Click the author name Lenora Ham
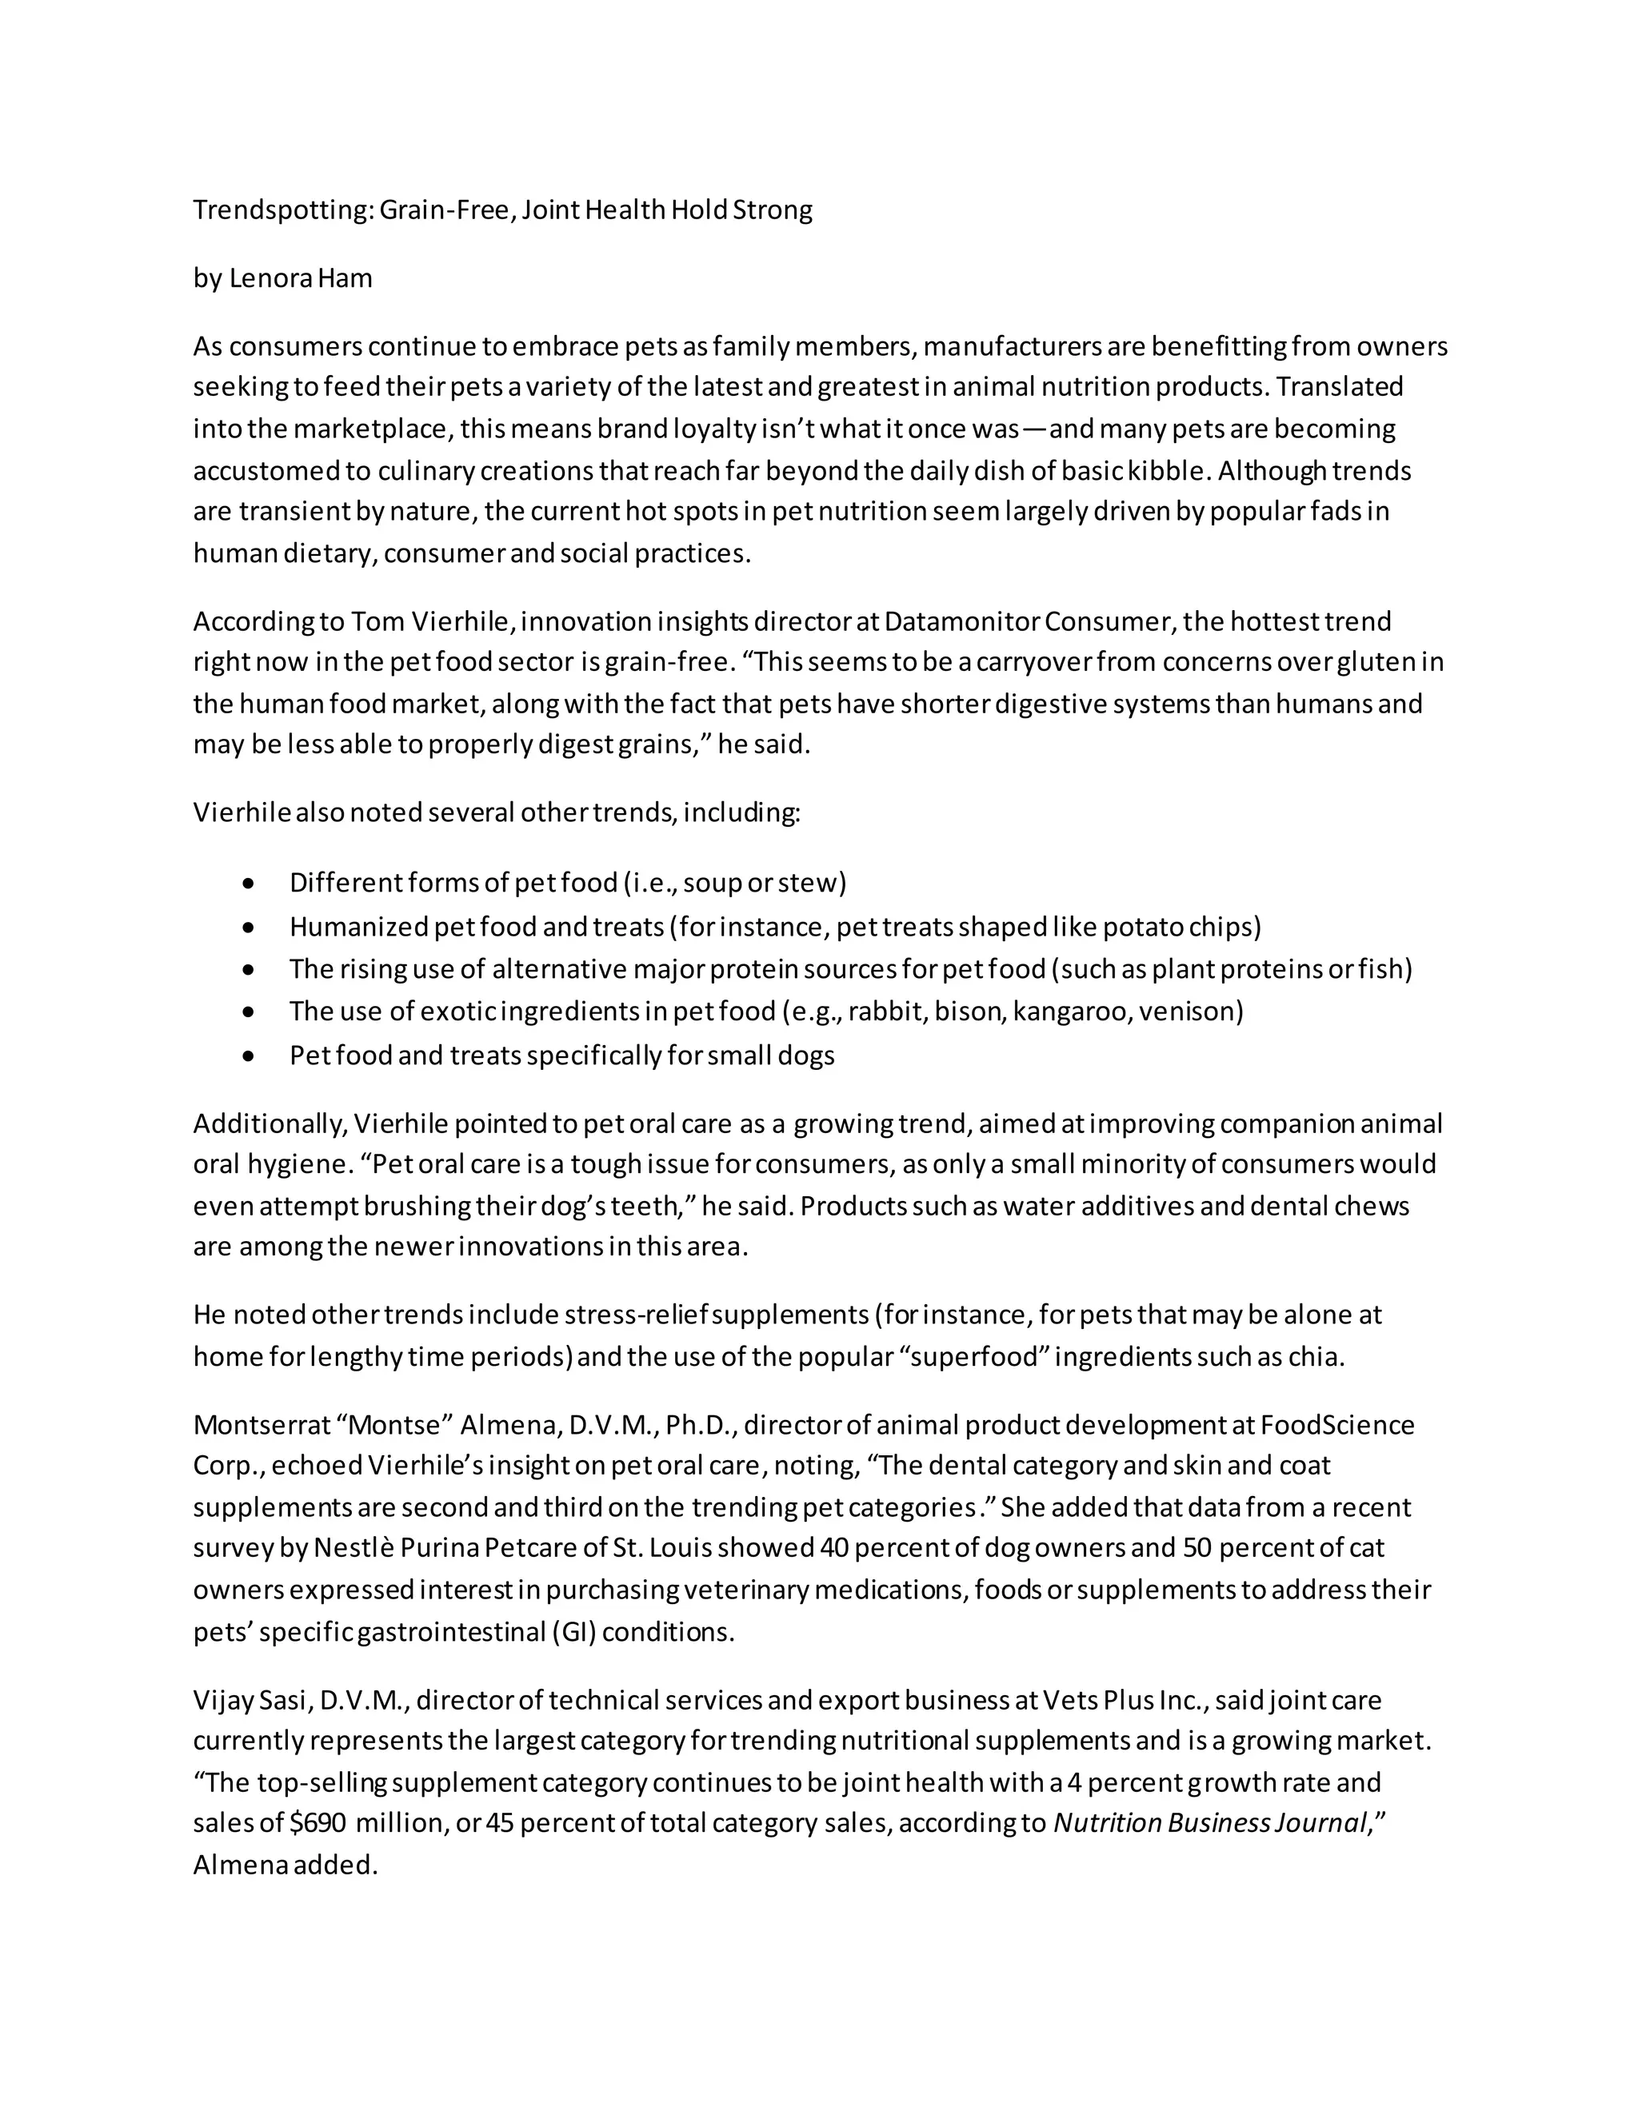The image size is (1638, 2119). (x=301, y=278)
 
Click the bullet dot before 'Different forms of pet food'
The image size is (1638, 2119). (x=250, y=884)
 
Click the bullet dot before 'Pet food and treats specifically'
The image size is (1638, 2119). (x=250, y=1056)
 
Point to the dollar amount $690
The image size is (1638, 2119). (x=318, y=1823)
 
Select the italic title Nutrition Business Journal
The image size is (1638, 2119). (x=1210, y=1823)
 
